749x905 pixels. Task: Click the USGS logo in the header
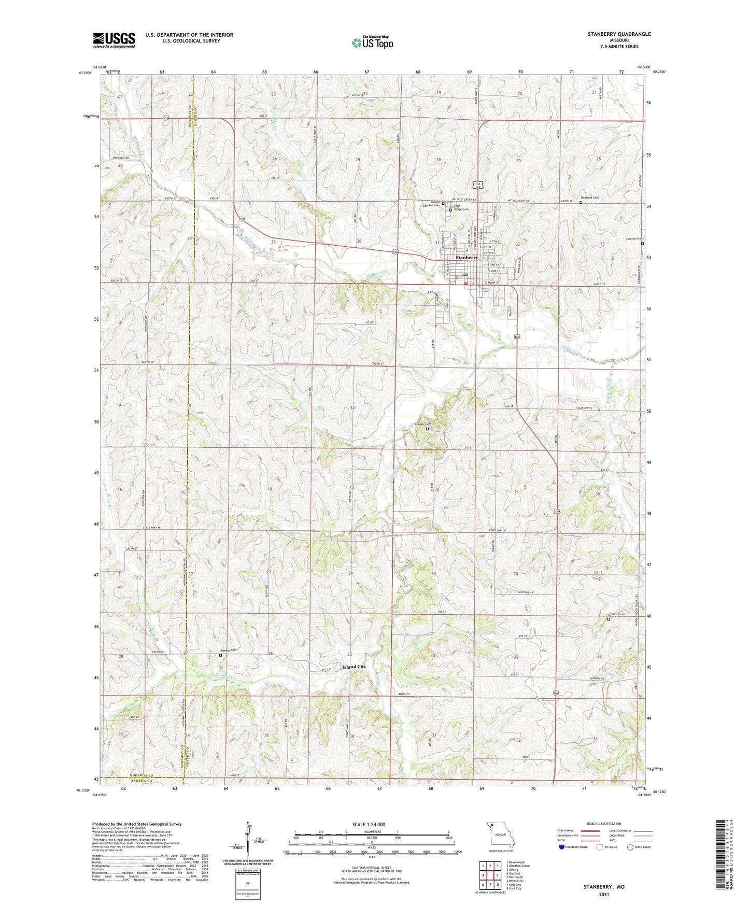click(x=114, y=40)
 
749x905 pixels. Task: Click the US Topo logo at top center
click(x=372, y=43)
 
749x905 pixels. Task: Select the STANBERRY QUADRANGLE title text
click(x=619, y=34)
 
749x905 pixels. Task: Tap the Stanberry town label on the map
click(x=467, y=258)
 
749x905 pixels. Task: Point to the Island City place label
click(x=354, y=667)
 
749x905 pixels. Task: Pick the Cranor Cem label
click(x=617, y=615)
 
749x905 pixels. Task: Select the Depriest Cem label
click(x=589, y=197)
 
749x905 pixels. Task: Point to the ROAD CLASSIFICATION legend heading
click(x=604, y=824)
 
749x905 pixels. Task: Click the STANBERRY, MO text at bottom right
click(x=604, y=887)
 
